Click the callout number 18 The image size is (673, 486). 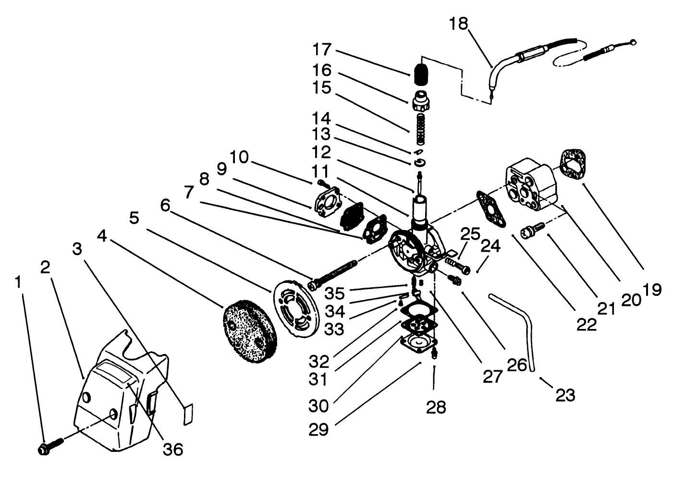[x=458, y=24]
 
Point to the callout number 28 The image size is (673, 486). [x=436, y=407]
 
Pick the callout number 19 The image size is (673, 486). [x=654, y=289]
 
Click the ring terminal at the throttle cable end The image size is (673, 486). [x=634, y=42]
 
